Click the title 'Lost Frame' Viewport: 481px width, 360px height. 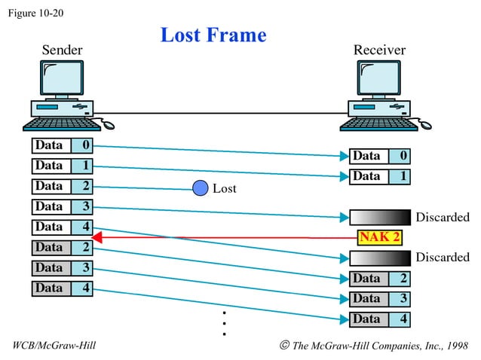tap(213, 35)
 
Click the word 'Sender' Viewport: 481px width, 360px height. tap(62, 50)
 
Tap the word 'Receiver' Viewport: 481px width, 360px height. tap(379, 50)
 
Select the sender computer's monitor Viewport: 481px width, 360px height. tap(61, 78)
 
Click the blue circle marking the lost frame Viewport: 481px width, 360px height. tap(201, 188)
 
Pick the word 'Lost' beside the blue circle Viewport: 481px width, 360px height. tap(224, 189)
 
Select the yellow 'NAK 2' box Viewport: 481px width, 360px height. tap(379, 238)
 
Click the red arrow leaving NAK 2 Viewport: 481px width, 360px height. tap(226, 238)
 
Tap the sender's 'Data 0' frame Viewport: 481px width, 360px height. tap(62, 145)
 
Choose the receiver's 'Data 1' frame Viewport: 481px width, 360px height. tap(379, 176)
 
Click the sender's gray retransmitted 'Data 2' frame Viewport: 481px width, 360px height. tap(62, 247)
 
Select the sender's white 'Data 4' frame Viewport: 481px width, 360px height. tap(62, 227)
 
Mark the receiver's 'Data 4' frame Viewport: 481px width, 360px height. tap(379, 319)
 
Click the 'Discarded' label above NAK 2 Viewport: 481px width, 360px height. tap(442, 218)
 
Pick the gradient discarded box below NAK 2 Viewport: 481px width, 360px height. tap(379, 258)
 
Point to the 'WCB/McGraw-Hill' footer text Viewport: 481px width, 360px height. tap(54, 345)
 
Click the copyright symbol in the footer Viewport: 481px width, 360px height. tap(283, 345)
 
